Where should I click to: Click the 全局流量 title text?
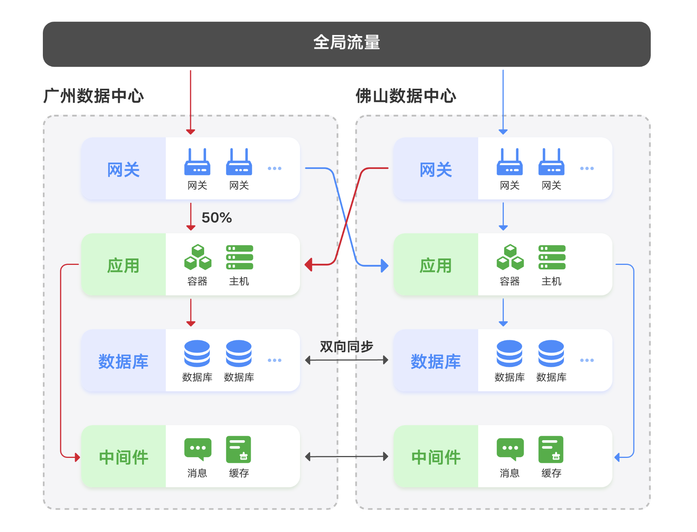(x=347, y=42)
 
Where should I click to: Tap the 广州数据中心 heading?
(x=94, y=96)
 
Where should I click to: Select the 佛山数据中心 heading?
(x=406, y=96)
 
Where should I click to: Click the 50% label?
(x=217, y=217)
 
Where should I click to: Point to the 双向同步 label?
(x=346, y=347)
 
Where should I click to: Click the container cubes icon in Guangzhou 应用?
(x=198, y=257)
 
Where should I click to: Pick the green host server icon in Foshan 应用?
(x=552, y=257)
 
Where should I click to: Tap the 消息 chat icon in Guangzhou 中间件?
(x=198, y=449)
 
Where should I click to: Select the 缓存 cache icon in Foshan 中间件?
(x=551, y=449)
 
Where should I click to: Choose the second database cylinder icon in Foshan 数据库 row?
(x=551, y=353)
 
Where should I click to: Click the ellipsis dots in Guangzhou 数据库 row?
(x=274, y=360)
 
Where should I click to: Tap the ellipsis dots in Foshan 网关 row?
(x=587, y=168)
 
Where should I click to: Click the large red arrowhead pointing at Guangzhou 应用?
(x=309, y=264)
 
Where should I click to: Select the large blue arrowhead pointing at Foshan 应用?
(x=385, y=266)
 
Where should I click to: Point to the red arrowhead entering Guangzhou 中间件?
(x=77, y=458)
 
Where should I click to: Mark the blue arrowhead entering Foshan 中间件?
(x=617, y=458)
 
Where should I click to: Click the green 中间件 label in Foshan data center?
(x=436, y=457)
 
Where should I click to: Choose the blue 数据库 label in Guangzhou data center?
(x=123, y=361)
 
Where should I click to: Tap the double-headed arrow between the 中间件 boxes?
(x=346, y=457)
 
